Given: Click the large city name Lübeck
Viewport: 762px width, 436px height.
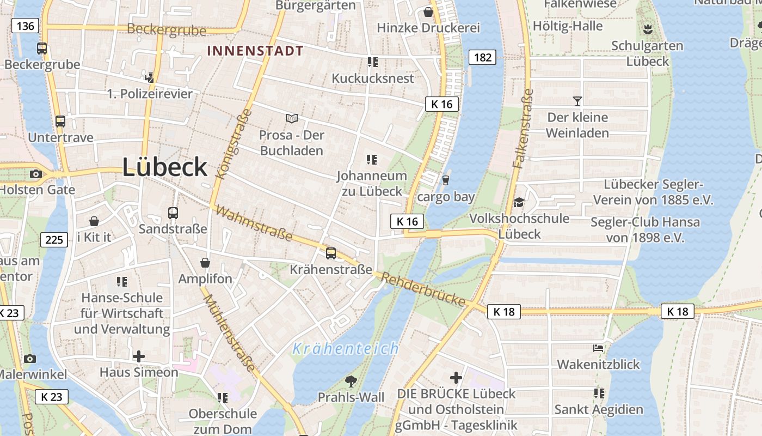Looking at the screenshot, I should (165, 167).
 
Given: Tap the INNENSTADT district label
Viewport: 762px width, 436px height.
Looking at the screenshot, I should (255, 51).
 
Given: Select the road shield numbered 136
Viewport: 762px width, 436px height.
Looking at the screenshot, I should (25, 26).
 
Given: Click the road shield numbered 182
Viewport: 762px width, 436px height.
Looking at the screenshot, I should (482, 57).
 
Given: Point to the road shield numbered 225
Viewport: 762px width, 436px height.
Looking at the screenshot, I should (54, 239).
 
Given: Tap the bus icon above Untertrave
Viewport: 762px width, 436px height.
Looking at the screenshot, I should (60, 122).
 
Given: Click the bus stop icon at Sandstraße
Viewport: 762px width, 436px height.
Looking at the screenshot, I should (173, 213).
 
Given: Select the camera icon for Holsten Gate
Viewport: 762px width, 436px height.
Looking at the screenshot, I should (36, 174).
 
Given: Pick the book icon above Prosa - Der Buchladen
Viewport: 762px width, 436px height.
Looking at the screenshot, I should (292, 118).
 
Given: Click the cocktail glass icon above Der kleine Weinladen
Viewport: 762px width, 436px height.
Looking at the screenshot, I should (577, 101).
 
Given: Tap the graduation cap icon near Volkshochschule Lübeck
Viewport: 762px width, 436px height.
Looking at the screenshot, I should (519, 203).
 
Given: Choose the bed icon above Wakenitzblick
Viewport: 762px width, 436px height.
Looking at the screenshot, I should (598, 348).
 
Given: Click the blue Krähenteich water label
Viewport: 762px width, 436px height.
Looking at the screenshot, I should (346, 349).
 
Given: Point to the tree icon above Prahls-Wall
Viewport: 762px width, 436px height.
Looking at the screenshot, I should (351, 381).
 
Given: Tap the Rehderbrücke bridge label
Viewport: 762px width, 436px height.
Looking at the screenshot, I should (423, 290).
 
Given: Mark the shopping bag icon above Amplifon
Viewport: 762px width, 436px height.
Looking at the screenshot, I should (205, 263).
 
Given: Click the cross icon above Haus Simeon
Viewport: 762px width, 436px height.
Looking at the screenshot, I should (139, 356).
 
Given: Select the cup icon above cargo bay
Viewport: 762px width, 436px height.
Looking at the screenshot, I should (446, 180).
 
